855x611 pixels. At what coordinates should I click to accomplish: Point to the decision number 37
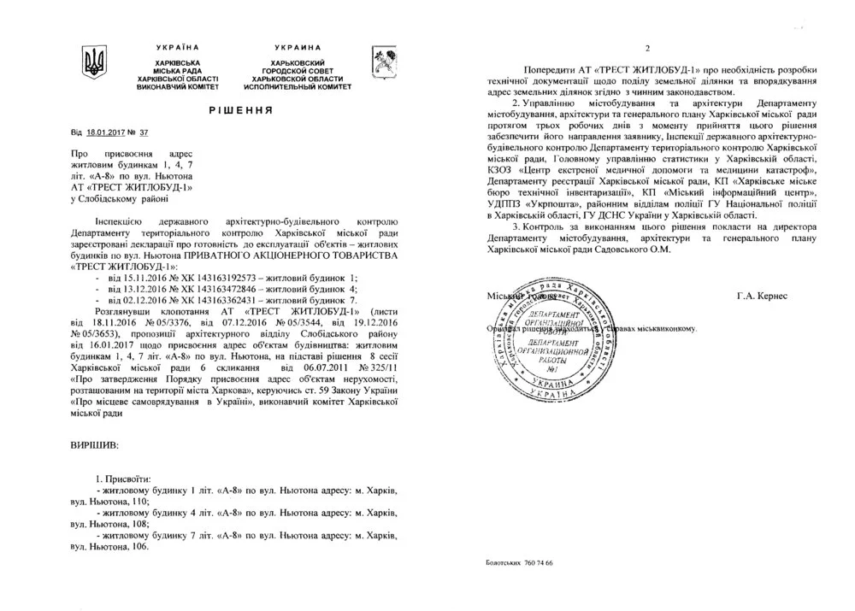pyautogui.click(x=143, y=134)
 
